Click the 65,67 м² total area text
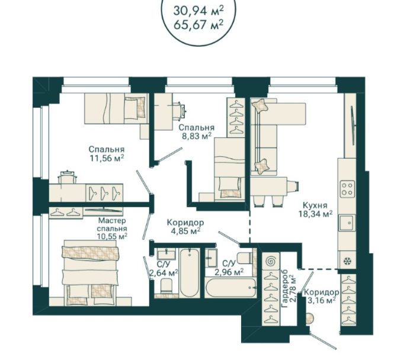[198, 25]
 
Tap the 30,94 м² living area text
[198, 11]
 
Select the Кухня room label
[315, 205]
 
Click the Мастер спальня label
[112, 224]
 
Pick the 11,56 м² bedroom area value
[107, 158]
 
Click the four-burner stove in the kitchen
[347, 189]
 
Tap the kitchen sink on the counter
[347, 223]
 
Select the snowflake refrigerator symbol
[347, 261]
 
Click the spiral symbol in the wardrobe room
[271, 261]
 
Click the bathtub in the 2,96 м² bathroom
[230, 288]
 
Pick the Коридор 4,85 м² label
[185, 227]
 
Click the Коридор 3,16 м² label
[322, 297]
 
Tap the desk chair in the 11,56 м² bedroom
[68, 177]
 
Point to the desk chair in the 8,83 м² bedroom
[180, 111]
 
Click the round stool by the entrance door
[310, 319]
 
